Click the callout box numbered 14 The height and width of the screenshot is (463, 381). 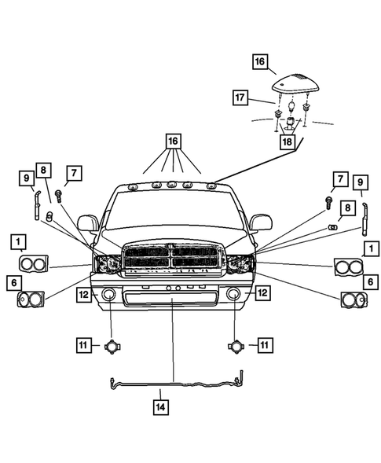point(159,406)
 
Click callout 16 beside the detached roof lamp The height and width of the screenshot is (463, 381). point(260,61)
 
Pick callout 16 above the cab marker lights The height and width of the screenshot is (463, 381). point(172,142)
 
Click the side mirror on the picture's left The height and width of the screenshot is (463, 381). point(87,224)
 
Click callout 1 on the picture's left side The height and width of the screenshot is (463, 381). point(17,241)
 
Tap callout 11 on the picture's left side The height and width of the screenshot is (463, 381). point(82,344)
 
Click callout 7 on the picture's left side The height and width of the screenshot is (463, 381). point(73,173)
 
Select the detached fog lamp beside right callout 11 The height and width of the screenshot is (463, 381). point(235,346)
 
